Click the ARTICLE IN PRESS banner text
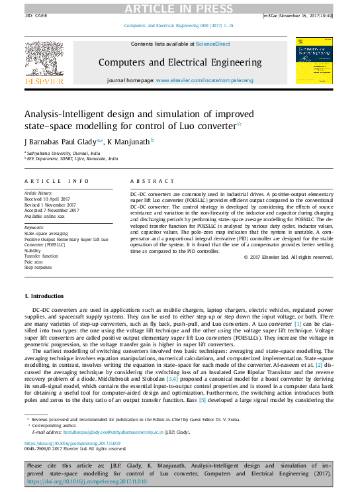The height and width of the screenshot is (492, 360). (x=179, y=7)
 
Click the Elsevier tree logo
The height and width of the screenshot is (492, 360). (x=44, y=60)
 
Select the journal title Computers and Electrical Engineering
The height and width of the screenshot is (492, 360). (x=179, y=63)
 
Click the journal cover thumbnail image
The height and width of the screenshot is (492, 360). (x=314, y=61)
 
